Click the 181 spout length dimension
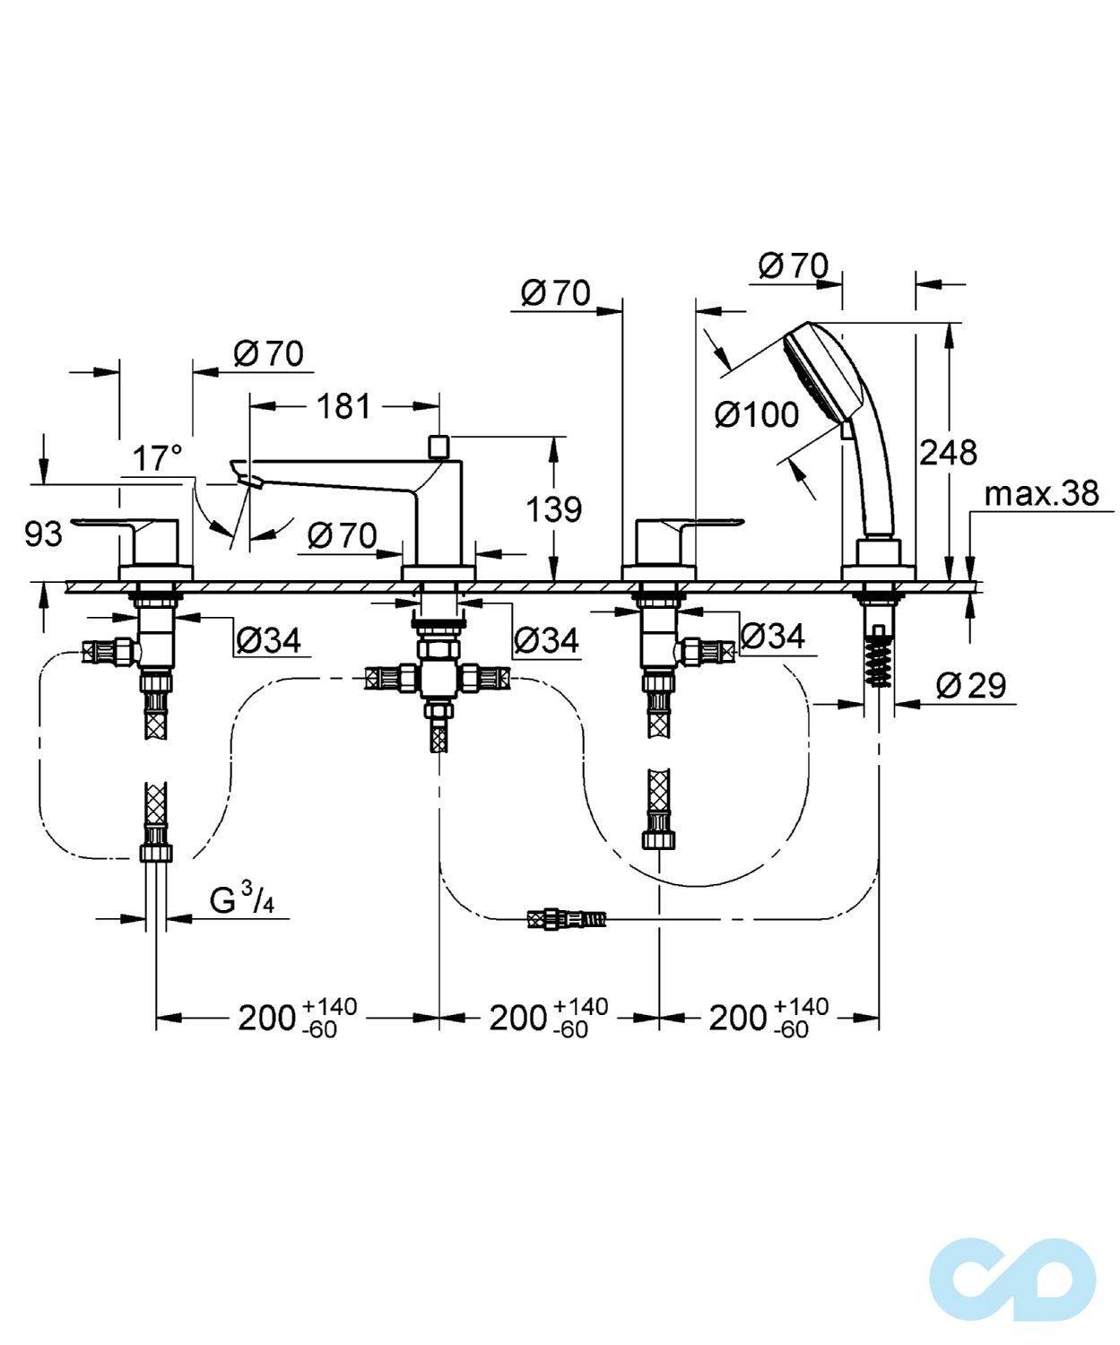pyautogui.click(x=344, y=406)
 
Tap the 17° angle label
pyautogui.click(x=157, y=458)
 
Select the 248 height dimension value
pyautogui.click(x=948, y=453)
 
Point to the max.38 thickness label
pyautogui.click(x=1041, y=493)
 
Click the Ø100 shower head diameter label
pyautogui.click(x=757, y=414)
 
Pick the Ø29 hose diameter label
pyautogui.click(x=971, y=685)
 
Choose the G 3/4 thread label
pyautogui.click(x=242, y=899)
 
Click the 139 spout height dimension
pyautogui.click(x=553, y=509)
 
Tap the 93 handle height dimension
pyautogui.click(x=43, y=534)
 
